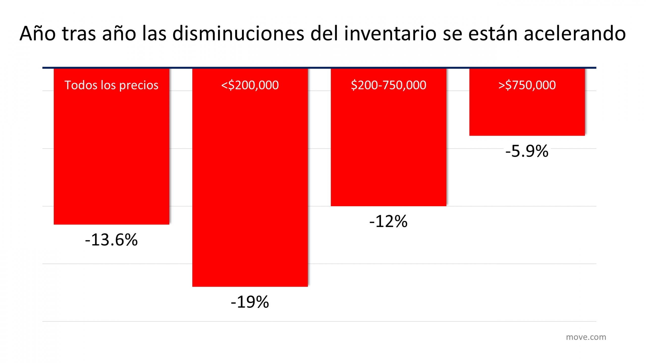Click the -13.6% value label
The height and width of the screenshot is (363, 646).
click(x=111, y=240)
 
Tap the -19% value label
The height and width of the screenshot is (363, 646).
click(x=250, y=302)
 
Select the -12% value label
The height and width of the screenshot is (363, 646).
click(x=388, y=222)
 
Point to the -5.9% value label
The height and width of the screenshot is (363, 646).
click(x=527, y=151)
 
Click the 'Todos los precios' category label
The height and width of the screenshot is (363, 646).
click(x=111, y=85)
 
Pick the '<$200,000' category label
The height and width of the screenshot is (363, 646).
click(x=250, y=85)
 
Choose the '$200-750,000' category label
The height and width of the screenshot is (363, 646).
click(x=388, y=85)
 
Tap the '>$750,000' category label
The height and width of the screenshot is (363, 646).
click(x=527, y=85)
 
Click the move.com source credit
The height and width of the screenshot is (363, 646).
click(x=586, y=337)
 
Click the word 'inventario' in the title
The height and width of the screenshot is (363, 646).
click(x=390, y=34)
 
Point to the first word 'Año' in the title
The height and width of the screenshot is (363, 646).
click(x=37, y=34)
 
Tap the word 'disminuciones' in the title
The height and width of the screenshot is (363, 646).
click(x=238, y=34)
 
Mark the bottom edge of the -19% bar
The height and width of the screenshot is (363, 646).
click(x=250, y=286)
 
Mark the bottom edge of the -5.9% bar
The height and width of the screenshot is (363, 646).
click(x=527, y=136)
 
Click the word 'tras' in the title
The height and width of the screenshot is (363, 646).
click(x=79, y=34)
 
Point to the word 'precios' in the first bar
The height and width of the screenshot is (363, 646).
click(x=139, y=85)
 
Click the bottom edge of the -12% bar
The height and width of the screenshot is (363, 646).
click(x=388, y=206)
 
